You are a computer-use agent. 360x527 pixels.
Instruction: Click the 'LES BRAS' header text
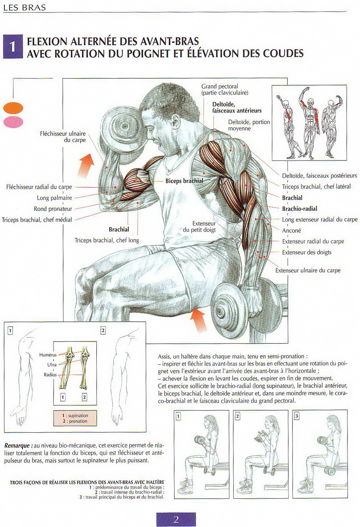point(25,7)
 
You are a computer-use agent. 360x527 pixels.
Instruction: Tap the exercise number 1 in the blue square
point(13,47)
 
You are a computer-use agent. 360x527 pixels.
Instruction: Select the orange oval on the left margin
point(13,108)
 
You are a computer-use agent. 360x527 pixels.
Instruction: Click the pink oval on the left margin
point(13,122)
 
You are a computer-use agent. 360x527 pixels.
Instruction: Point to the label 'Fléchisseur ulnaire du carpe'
point(63,137)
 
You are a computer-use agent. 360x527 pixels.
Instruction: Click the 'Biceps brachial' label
point(184,181)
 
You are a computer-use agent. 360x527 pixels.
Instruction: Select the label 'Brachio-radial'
point(299,209)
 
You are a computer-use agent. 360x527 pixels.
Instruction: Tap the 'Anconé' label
point(291,231)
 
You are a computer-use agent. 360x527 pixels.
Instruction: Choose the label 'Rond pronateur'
point(53,209)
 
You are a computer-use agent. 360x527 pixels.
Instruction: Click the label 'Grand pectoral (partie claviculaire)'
point(224,89)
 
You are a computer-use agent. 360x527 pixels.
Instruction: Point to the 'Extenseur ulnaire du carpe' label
point(308,270)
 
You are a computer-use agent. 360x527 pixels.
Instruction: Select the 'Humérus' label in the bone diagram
point(48,355)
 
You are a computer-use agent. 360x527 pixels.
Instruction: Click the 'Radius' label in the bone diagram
point(50,375)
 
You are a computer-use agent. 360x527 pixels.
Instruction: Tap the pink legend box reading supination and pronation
point(75,418)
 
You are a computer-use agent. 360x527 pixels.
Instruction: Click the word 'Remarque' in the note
point(17,445)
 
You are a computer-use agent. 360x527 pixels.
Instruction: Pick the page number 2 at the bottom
point(176,519)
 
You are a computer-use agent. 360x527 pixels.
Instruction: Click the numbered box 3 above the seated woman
point(297,416)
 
